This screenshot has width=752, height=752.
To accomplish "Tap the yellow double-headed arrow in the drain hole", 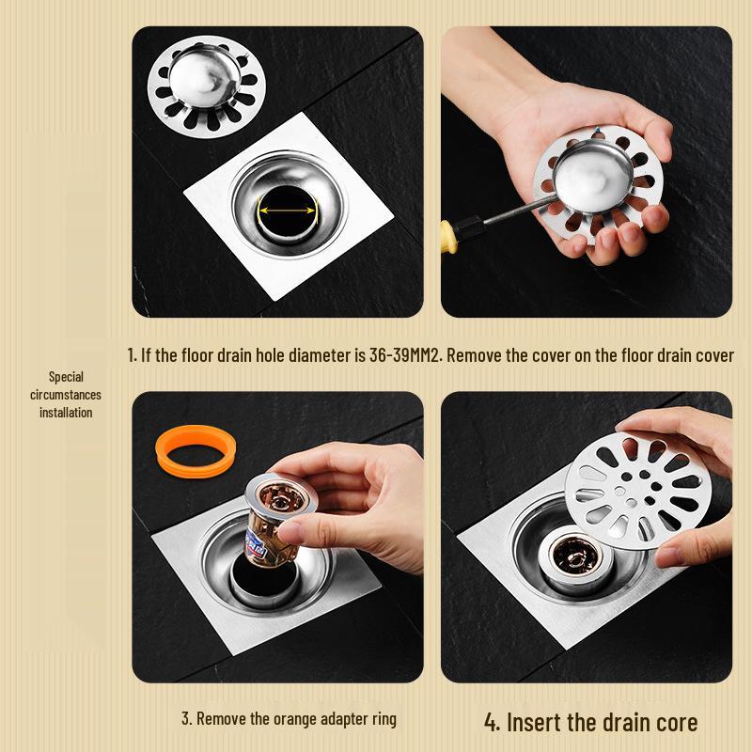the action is tap(287, 210).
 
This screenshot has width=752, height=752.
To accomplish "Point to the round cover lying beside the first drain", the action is tap(207, 86).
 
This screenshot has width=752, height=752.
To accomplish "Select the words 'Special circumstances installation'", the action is tap(66, 395).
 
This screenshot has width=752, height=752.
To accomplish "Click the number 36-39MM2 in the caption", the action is tap(404, 355).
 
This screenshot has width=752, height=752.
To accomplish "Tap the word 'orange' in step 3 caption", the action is tap(295, 719).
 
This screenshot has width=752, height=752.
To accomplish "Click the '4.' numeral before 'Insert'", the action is tap(492, 722).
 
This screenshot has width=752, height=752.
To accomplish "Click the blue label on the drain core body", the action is tap(258, 545).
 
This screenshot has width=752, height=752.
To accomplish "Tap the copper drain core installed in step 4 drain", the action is tap(574, 556).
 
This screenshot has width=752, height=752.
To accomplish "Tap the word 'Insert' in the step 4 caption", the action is tap(533, 722).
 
